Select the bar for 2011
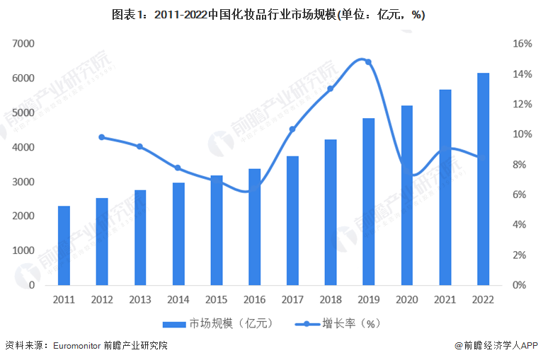[64, 245]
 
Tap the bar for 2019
[368, 202]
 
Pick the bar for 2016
[254, 227]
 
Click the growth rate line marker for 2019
[368, 62]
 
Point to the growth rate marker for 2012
[102, 137]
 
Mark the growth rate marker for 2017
[292, 129]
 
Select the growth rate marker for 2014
[178, 168]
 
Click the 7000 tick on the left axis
[23, 44]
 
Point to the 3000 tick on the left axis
[23, 182]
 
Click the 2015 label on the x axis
[216, 299]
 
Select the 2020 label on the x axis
[406, 299]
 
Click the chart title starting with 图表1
[269, 14]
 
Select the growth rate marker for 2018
[331, 89]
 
